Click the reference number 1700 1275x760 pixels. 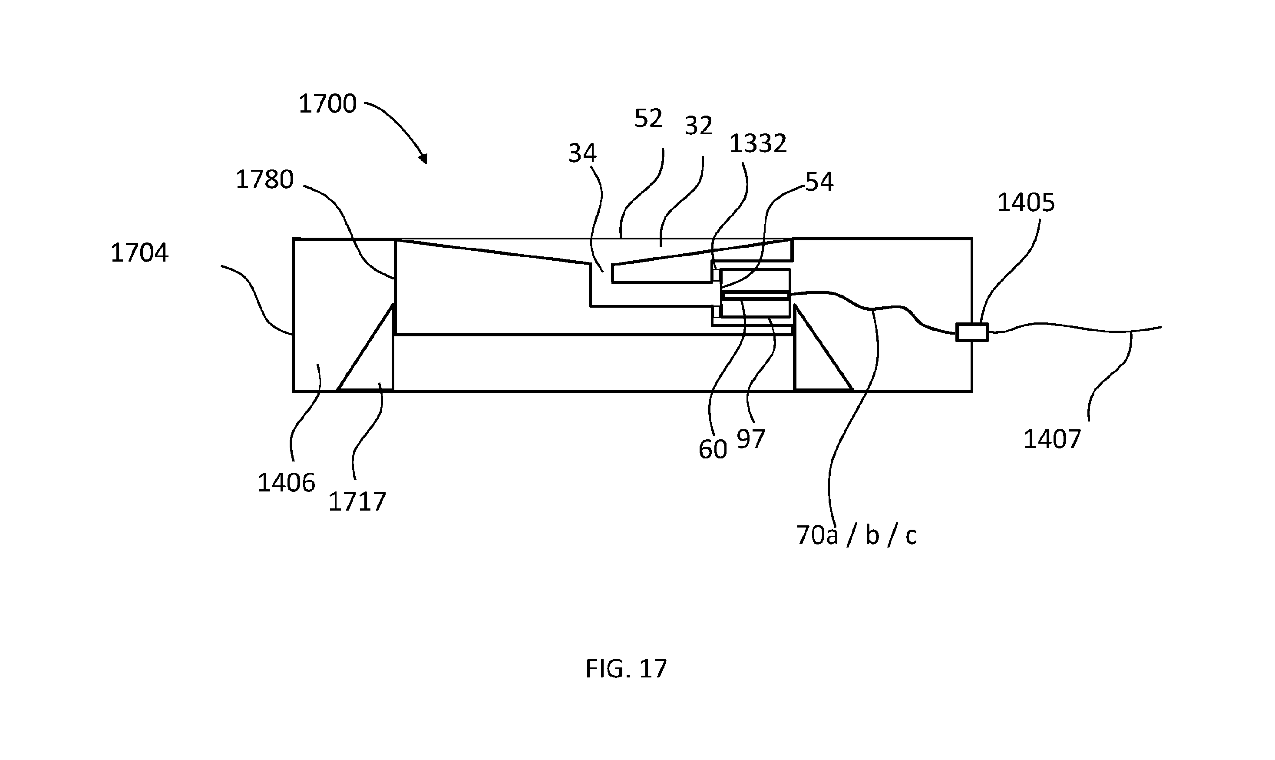(327, 104)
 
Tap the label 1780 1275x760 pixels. (264, 180)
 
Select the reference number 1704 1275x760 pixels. (140, 253)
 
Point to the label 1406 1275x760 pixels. (286, 483)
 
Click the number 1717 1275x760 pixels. (357, 502)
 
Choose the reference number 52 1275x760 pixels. (648, 119)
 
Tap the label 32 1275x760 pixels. (699, 126)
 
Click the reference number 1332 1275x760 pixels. (757, 144)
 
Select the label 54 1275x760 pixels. (819, 182)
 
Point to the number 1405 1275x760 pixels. (1026, 203)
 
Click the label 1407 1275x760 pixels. (1052, 439)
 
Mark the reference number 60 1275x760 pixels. (713, 450)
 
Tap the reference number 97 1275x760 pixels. (751, 439)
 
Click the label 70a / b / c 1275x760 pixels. (856, 536)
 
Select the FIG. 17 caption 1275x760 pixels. (626, 669)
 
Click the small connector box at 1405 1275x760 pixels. (972, 332)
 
